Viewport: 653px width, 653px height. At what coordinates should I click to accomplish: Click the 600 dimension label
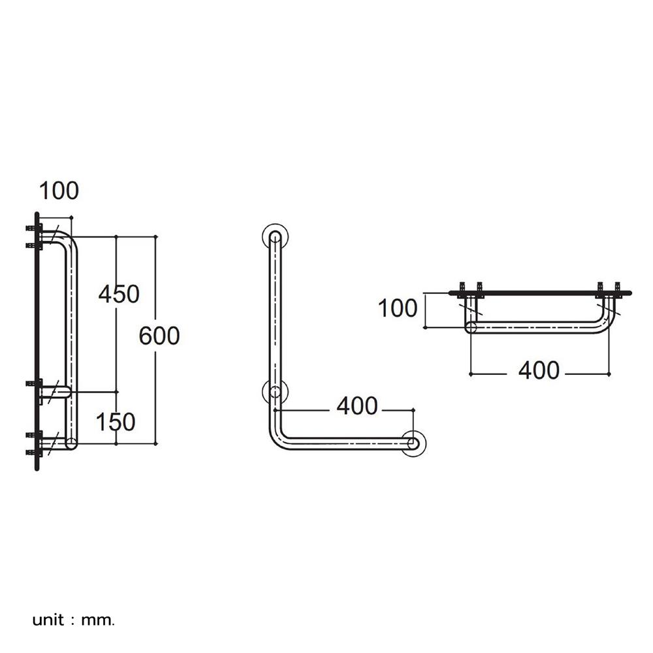pyautogui.click(x=159, y=336)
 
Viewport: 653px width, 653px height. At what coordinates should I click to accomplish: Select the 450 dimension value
pyautogui.click(x=119, y=295)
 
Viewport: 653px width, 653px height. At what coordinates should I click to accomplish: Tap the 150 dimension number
pyautogui.click(x=116, y=422)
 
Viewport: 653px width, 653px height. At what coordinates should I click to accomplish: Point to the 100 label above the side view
pyautogui.click(x=59, y=191)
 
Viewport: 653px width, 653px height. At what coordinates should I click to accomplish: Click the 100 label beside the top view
pyautogui.click(x=398, y=308)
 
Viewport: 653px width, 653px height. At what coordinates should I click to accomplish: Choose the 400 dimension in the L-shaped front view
pyautogui.click(x=357, y=406)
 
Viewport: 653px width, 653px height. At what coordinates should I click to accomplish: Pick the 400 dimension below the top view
pyautogui.click(x=539, y=370)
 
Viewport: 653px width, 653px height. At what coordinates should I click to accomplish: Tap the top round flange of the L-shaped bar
pyautogui.click(x=275, y=236)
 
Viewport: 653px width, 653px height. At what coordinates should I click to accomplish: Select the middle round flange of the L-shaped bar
pyautogui.click(x=275, y=392)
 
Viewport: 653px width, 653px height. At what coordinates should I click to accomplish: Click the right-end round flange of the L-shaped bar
pyautogui.click(x=413, y=443)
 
